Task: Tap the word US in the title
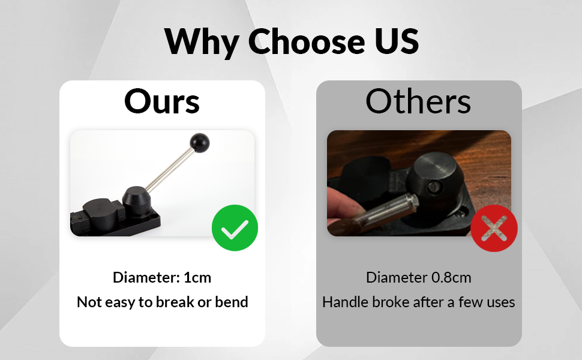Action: (x=397, y=41)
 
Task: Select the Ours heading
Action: (x=162, y=101)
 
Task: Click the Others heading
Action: (x=418, y=101)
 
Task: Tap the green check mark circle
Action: (x=235, y=227)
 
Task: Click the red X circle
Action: (x=494, y=228)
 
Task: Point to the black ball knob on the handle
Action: (x=200, y=143)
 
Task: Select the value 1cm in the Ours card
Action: (x=197, y=278)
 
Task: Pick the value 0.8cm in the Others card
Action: (x=451, y=278)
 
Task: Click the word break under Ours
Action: (x=175, y=302)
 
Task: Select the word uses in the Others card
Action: (x=501, y=302)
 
